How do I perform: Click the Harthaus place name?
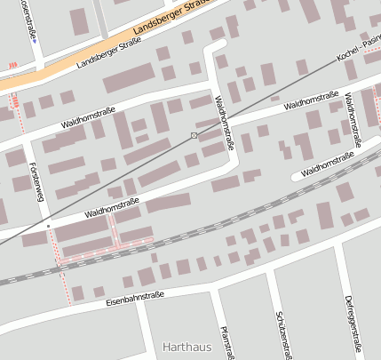coord(189,345)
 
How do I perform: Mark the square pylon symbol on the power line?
coord(194,135)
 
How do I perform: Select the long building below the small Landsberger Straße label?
coord(130,81)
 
